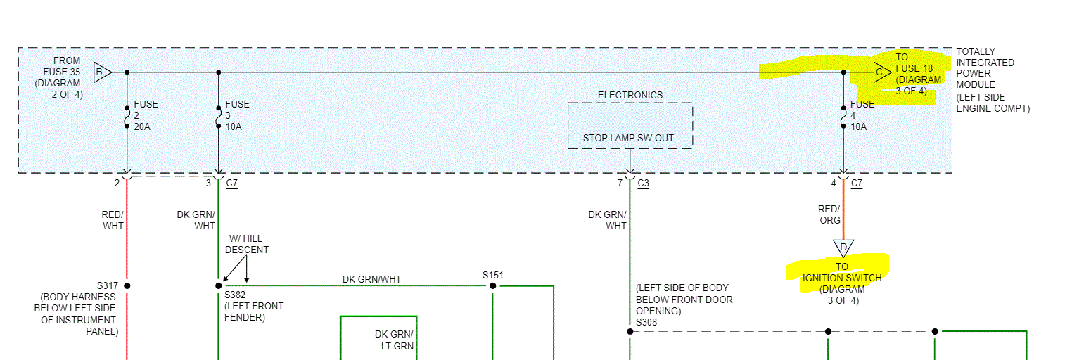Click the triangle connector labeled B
coord(101,72)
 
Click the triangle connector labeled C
coord(881,72)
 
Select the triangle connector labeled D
coord(843,247)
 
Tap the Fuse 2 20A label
coord(146,115)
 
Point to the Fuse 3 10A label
coord(237,115)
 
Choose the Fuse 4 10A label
coord(862,115)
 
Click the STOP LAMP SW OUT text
coord(628,138)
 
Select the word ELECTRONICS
coord(630,95)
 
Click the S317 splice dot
coord(127,285)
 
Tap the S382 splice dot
coord(219,285)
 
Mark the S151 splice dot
coord(492,285)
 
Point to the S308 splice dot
coord(630,331)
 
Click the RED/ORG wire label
coord(829,214)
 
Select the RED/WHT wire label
coord(113,220)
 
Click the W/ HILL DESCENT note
coord(246,244)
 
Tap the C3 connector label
coord(644,184)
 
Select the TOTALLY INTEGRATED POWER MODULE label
coord(985,67)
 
